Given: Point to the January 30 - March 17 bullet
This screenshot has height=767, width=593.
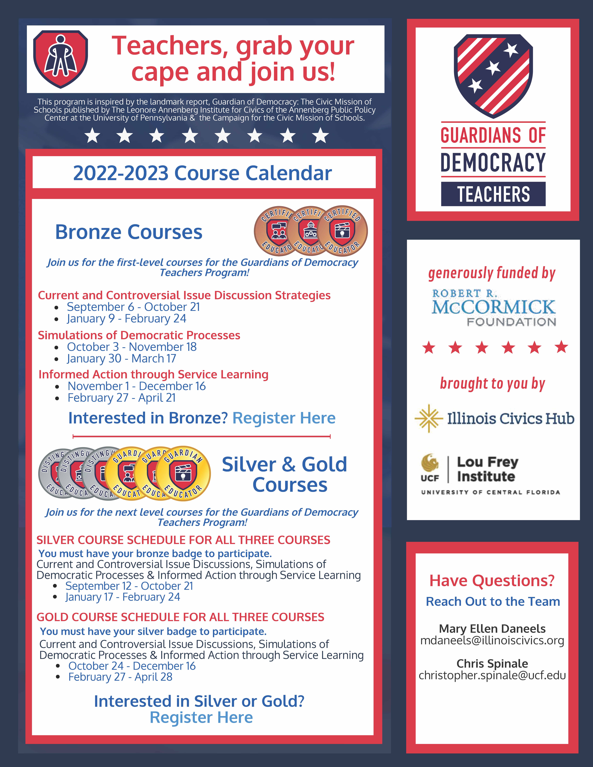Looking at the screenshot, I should pyautogui.click(x=121, y=359).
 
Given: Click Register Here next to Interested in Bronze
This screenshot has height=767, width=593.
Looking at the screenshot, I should pyautogui.click(x=284, y=418).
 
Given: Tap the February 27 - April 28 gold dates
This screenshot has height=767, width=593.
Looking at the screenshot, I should pyautogui.click(x=120, y=677).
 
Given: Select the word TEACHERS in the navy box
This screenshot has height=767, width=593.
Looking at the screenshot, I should pyautogui.click(x=493, y=194).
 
